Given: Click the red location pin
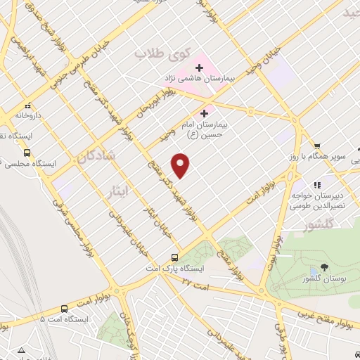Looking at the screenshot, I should [x=181, y=166].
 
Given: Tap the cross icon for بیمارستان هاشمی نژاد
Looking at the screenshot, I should [x=199, y=68].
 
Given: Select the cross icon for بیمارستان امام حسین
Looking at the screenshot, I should [x=205, y=112].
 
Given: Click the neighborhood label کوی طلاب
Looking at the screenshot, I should [x=155, y=53].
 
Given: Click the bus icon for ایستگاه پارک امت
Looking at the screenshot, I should [x=175, y=257].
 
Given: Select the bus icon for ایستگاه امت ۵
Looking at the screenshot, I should [x=65, y=308].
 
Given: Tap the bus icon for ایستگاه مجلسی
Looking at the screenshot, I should [x=27, y=152].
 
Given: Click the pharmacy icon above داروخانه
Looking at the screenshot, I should [x=27, y=105].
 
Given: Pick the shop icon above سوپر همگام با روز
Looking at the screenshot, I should [x=317, y=145].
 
